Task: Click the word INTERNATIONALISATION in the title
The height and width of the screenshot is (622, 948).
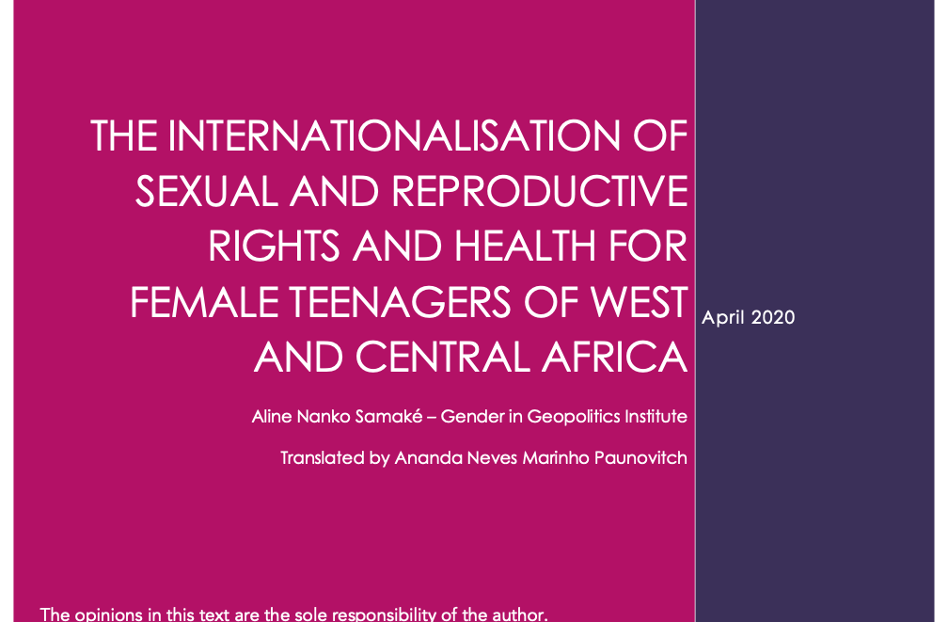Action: (394, 136)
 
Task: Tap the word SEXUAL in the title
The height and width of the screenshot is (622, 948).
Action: (207, 191)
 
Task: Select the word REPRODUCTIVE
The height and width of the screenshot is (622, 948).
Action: (540, 191)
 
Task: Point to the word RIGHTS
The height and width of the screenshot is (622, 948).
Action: (274, 247)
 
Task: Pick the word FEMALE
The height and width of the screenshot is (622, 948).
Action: (204, 302)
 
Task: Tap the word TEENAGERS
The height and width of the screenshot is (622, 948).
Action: (401, 302)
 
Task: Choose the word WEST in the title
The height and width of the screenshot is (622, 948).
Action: (640, 302)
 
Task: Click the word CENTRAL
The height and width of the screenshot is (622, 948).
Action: (442, 357)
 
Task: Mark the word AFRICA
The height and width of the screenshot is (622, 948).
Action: (615, 357)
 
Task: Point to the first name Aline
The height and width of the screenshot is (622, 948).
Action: (272, 416)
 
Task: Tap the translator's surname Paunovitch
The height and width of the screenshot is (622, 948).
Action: (640, 457)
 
